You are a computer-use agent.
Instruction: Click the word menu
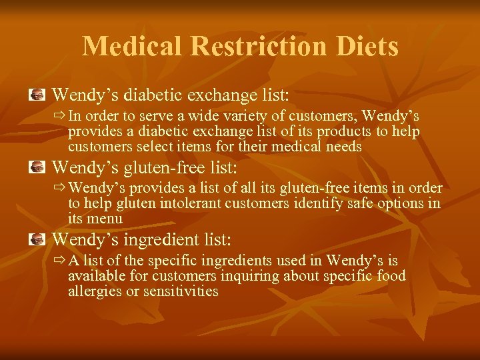coord(107,219)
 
